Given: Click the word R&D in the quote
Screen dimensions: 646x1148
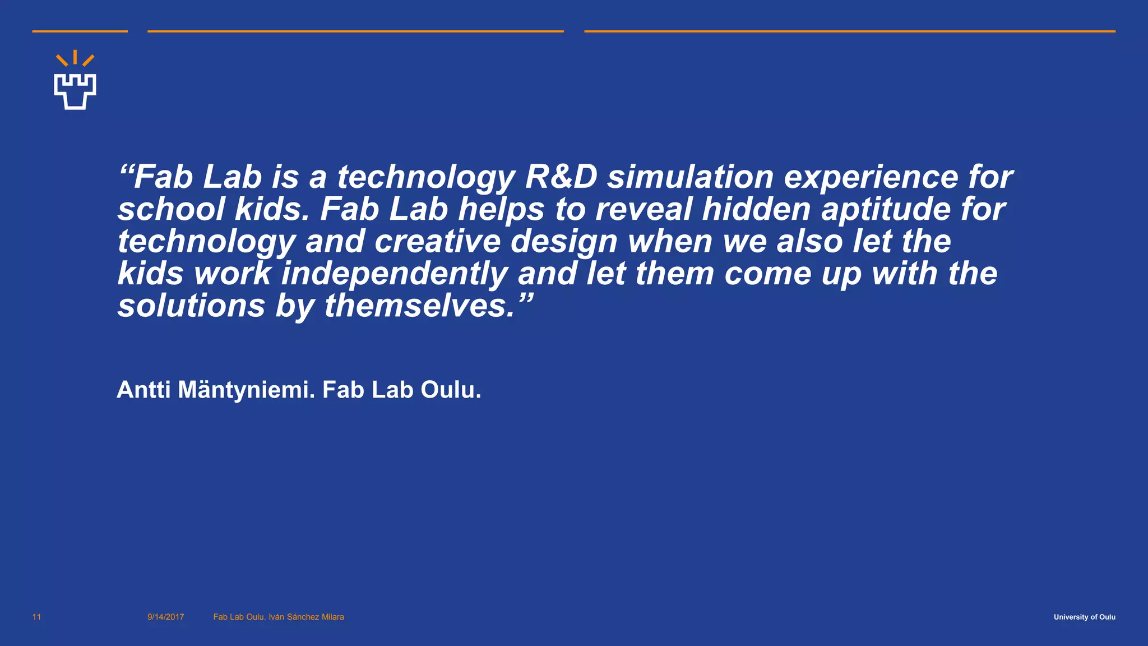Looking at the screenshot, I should click(561, 177).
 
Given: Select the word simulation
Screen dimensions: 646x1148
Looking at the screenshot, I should click(690, 177).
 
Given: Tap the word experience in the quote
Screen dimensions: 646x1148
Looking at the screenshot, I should click(871, 177).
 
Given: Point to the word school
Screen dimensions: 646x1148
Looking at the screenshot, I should click(171, 209).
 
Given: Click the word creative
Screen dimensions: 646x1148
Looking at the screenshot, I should click(437, 241).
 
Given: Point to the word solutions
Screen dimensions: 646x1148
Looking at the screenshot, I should click(191, 306).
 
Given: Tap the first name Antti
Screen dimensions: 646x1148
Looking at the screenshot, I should click(143, 390).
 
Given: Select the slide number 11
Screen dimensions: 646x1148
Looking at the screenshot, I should click(36, 617).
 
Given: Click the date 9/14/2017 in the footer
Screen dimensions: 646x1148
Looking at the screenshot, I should click(165, 617).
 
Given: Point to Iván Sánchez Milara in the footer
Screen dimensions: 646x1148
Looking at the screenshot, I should click(306, 617).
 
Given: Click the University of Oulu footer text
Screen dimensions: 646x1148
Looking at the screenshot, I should click(1084, 617).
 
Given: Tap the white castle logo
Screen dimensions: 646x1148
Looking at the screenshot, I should click(75, 91).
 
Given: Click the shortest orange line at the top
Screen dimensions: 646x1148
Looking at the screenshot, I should click(80, 31).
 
